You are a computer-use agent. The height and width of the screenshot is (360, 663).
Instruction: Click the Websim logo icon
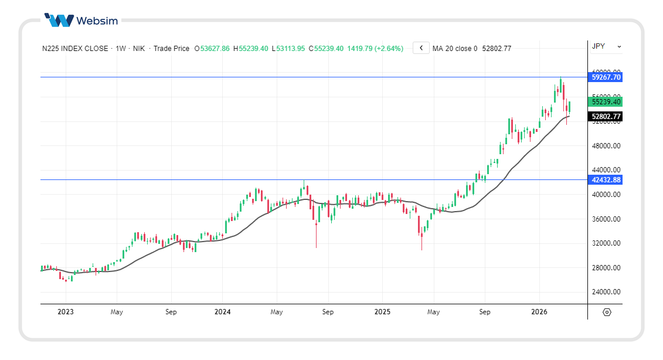59,21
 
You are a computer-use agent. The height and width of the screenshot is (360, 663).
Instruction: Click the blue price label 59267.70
606,77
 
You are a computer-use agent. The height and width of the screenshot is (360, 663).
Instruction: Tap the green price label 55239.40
606,101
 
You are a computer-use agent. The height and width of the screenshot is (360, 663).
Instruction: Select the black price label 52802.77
606,117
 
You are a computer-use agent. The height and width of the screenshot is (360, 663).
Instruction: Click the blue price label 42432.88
606,180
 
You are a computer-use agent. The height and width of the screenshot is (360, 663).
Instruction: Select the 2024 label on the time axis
223,312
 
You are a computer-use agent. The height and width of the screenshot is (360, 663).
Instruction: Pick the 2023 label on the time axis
66,312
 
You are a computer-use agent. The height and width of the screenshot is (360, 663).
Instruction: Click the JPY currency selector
606,46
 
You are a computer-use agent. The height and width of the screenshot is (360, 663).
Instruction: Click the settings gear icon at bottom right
607,312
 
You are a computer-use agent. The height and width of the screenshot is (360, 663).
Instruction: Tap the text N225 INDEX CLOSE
75,49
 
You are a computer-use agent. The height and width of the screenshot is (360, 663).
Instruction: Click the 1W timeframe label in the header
121,49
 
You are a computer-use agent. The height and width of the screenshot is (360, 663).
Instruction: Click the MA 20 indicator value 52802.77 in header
497,49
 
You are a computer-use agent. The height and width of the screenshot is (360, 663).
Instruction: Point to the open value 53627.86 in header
215,49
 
